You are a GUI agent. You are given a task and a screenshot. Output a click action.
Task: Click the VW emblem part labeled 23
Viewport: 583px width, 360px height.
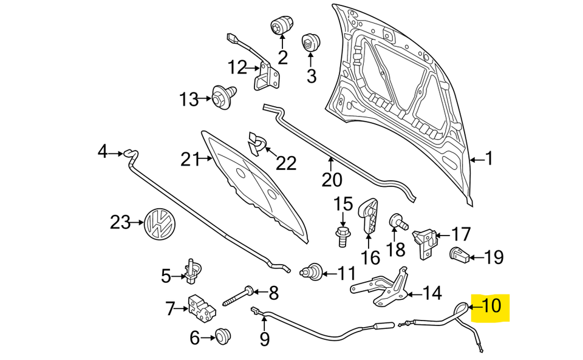point(160,223)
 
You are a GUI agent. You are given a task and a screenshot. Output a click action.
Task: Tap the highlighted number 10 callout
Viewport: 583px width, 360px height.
point(491,305)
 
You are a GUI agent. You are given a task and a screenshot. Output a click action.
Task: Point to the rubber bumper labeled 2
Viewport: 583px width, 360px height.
point(281,26)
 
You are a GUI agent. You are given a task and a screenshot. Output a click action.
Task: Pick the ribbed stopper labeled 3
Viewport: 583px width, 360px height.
point(311,43)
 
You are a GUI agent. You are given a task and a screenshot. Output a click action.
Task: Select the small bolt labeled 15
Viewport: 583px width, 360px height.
point(342,234)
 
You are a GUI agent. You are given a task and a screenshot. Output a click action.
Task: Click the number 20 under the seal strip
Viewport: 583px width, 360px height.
point(332,180)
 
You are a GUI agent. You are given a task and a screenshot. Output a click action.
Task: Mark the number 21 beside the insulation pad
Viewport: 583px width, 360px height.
point(190,160)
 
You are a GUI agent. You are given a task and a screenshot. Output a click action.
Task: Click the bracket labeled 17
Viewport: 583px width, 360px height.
point(427,239)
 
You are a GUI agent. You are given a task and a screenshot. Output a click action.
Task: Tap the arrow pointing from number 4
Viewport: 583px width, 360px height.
point(116,154)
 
